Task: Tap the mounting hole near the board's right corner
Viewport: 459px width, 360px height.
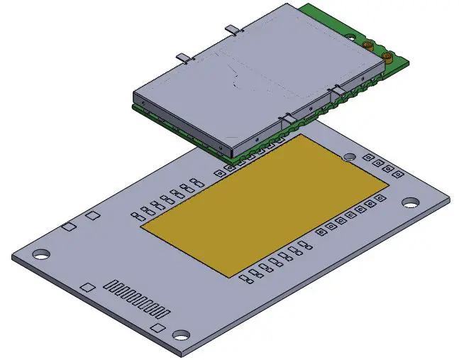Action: click(410, 202)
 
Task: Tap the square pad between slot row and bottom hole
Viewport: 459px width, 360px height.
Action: click(157, 327)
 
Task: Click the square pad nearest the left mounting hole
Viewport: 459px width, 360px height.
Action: click(68, 227)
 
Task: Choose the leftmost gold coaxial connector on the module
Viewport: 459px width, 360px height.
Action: click(367, 44)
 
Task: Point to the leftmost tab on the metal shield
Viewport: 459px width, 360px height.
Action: click(182, 57)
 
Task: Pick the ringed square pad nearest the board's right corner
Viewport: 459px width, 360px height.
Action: click(399, 172)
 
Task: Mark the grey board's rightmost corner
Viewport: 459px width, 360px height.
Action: click(450, 200)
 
